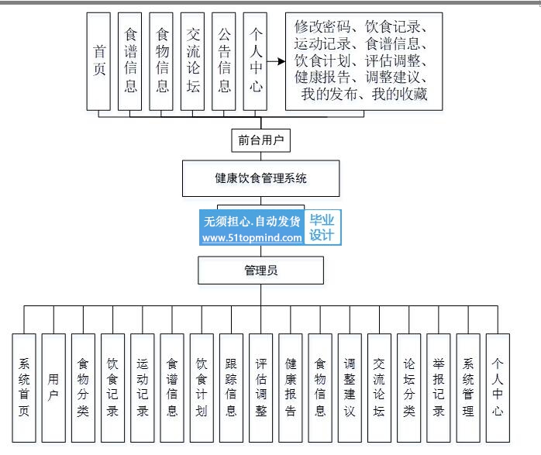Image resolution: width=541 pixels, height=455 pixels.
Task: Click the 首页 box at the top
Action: point(99,61)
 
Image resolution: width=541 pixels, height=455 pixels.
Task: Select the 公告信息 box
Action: point(223,61)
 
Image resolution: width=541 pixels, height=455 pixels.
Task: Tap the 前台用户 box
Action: point(261,141)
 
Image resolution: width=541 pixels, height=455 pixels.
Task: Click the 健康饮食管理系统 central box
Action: point(261,178)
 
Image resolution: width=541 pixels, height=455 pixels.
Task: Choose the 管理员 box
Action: point(261,271)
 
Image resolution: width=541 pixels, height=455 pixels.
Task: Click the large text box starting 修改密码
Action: point(364,61)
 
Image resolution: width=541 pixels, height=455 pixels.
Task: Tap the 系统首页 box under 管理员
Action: point(24,388)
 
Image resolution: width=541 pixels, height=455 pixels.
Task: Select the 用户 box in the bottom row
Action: point(53,388)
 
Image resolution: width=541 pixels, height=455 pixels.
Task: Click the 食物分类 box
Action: point(83,388)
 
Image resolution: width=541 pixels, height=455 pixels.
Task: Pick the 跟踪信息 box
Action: point(231,388)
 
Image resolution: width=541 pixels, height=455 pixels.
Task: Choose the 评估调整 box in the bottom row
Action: point(260,388)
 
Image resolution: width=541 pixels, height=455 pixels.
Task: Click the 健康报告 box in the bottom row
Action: point(290,388)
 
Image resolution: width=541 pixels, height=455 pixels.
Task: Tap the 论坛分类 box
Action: point(408,388)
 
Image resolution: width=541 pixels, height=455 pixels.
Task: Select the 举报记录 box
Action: point(438,388)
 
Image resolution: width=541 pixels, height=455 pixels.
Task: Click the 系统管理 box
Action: point(467,388)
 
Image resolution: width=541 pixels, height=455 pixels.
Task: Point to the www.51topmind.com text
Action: point(252,239)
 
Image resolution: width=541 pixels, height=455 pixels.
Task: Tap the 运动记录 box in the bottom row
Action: point(142,388)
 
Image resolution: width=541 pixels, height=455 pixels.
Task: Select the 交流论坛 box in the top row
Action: point(192,61)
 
